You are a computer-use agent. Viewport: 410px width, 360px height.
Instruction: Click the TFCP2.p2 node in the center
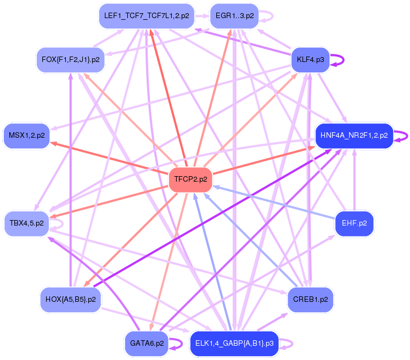point(190,179)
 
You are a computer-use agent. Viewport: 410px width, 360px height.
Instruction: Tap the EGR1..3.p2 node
point(234,16)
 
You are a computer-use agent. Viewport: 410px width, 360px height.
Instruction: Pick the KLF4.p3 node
point(310,59)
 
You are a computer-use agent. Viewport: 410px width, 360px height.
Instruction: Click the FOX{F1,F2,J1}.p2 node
point(70,59)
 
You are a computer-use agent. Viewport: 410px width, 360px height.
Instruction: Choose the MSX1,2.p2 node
point(27,134)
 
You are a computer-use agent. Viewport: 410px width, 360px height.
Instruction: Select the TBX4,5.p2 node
point(27,223)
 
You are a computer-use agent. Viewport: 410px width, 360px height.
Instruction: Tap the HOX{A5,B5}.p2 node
point(71,300)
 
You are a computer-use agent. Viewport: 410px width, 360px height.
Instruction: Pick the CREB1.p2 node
point(310,300)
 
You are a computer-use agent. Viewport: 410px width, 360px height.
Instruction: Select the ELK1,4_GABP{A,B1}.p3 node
point(234,344)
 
